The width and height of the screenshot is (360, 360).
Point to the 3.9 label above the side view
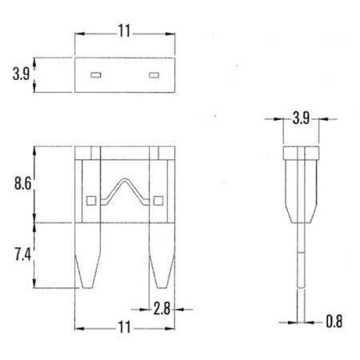(x=301, y=118)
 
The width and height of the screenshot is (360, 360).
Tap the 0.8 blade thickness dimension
(x=337, y=323)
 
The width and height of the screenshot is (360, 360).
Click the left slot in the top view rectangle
(x=94, y=75)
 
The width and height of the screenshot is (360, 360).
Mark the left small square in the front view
(x=90, y=200)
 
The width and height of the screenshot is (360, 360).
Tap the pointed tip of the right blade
(x=161, y=288)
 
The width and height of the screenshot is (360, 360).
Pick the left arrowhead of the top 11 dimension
(x=78, y=34)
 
